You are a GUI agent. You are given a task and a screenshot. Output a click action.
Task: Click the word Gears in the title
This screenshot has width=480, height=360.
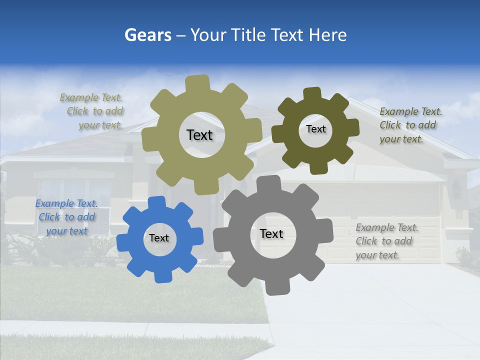(x=147, y=35)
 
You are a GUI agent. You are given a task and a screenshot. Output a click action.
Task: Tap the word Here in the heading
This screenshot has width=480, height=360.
(x=328, y=35)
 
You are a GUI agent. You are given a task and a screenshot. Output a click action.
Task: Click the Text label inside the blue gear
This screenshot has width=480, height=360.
(x=159, y=238)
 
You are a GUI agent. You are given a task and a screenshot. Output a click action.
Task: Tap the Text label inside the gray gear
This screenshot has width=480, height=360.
(x=271, y=234)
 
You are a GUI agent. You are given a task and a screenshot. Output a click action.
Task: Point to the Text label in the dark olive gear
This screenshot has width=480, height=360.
(x=315, y=129)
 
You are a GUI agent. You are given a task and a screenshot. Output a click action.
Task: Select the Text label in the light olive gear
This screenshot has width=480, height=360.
(x=199, y=135)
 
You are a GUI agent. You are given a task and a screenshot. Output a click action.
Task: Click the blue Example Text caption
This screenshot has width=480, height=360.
(x=66, y=217)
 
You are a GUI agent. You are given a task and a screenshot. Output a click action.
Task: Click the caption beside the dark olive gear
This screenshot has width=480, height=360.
(x=410, y=125)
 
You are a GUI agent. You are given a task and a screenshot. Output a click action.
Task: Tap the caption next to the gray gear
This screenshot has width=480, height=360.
(x=386, y=241)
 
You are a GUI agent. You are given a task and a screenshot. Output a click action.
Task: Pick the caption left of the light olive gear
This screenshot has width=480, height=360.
(x=93, y=111)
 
